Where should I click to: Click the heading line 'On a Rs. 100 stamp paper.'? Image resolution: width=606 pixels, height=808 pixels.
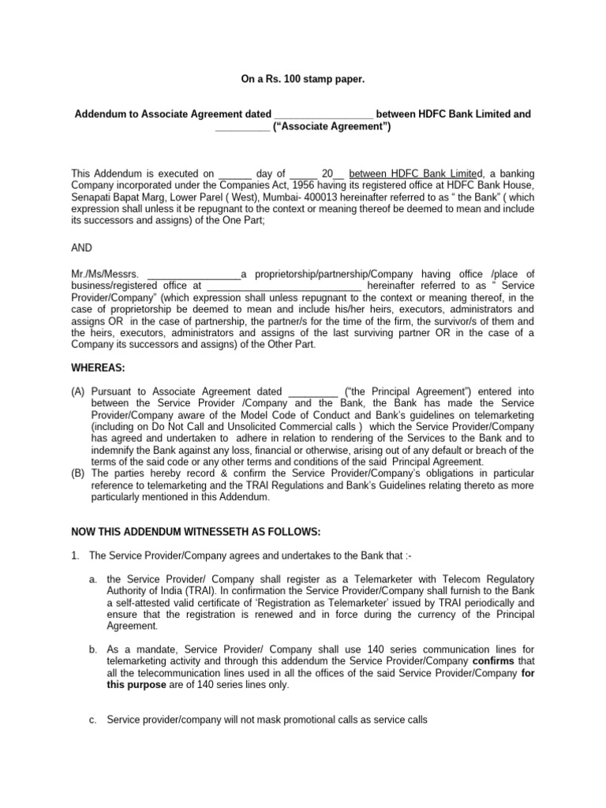[x=302, y=80]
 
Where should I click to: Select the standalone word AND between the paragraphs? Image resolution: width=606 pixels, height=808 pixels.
[x=83, y=247]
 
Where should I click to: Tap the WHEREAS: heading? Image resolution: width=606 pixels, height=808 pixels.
[x=99, y=367]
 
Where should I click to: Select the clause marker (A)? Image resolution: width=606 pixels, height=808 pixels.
[x=78, y=391]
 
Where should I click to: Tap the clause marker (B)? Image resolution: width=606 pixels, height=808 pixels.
[x=78, y=473]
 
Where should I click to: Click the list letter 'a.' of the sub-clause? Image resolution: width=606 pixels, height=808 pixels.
[x=93, y=579]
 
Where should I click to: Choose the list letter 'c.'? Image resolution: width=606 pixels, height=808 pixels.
[x=93, y=720]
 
